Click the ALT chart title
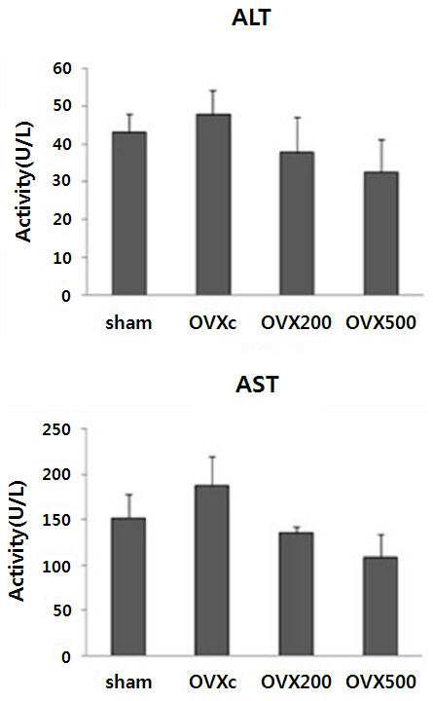[252, 18]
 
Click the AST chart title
[257, 385]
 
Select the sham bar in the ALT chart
[129, 213]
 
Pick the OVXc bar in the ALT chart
[213, 204]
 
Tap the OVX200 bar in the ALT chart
[297, 224]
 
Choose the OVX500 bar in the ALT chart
[380, 234]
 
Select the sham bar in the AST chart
[128, 586]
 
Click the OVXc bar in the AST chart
[212, 570]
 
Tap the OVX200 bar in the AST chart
[296, 594]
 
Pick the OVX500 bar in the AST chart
[379, 607]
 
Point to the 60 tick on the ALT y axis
[61, 68]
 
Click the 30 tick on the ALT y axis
[61, 181]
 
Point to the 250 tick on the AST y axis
[56, 429]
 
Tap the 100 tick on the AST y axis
[56, 566]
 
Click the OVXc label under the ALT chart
[212, 322]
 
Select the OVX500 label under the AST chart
[381, 682]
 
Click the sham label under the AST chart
[128, 683]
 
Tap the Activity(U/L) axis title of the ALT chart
[24, 181]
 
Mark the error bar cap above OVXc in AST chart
[212, 457]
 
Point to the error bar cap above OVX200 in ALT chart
[297, 117]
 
